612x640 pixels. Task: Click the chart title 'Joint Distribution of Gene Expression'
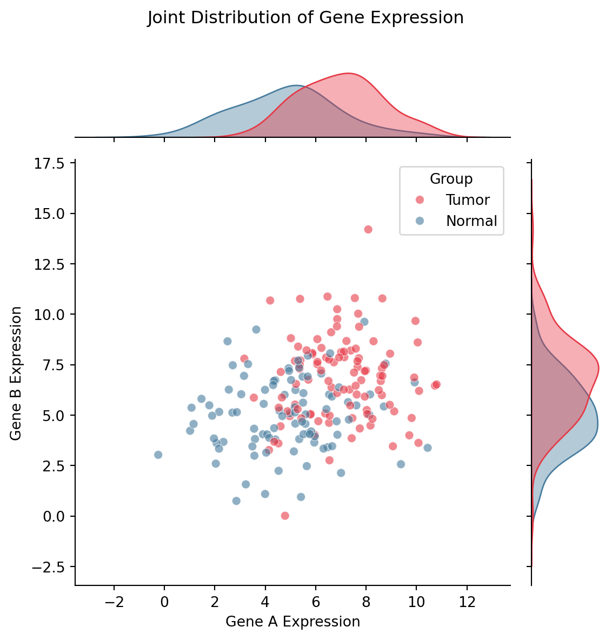[305, 18]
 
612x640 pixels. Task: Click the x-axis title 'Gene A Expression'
[292, 622]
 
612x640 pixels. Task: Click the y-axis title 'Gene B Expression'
[17, 373]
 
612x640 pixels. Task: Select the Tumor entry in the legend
[468, 200]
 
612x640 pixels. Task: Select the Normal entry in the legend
[471, 221]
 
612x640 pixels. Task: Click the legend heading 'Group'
[451, 179]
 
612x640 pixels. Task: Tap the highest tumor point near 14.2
[368, 229]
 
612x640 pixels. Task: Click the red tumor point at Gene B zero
[285, 516]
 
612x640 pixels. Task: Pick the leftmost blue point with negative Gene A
[158, 455]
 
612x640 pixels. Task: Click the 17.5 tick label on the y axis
[50, 163]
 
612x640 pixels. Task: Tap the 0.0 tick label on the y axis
[53, 517]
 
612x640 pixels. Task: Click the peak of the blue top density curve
[296, 85]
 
